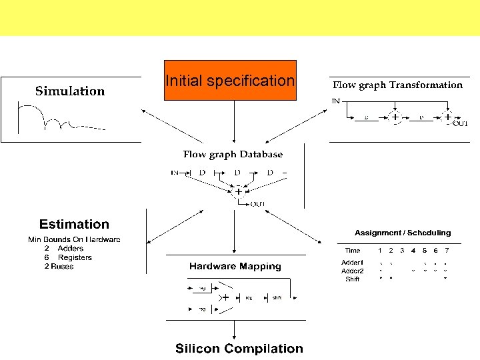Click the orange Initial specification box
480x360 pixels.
click(x=230, y=81)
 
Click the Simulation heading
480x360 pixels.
click(x=70, y=91)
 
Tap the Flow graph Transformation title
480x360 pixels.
click(x=397, y=85)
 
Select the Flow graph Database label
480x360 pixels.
click(x=233, y=155)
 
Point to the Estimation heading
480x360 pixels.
click(x=74, y=225)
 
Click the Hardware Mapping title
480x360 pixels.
click(x=235, y=267)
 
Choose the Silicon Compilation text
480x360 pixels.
click(x=239, y=349)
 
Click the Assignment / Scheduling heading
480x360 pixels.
click(x=403, y=233)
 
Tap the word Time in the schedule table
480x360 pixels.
click(x=352, y=251)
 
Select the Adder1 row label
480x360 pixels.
click(x=352, y=263)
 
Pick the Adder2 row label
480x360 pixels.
click(x=352, y=271)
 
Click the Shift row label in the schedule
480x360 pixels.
click(x=352, y=279)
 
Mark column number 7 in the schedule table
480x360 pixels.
click(x=447, y=251)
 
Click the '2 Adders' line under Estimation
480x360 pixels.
click(x=64, y=249)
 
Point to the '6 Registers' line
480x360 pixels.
click(x=68, y=257)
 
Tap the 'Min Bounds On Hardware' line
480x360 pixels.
click(x=74, y=239)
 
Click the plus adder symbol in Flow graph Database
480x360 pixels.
click(x=238, y=191)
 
